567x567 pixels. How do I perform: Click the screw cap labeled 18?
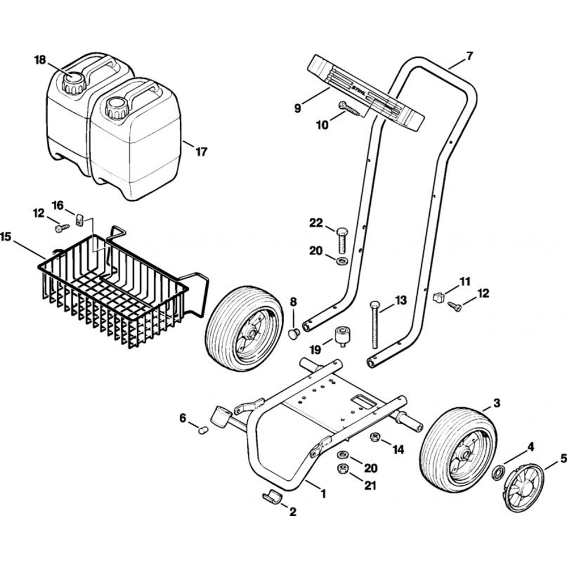coord(74,83)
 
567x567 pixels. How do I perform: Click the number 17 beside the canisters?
coord(201,152)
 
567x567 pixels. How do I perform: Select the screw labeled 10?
coord(350,108)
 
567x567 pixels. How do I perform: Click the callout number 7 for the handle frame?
coord(469,56)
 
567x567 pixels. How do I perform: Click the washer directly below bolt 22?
coord(342,261)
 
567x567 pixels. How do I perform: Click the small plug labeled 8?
coord(294,333)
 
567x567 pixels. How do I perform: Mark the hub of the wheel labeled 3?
coord(464,453)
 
